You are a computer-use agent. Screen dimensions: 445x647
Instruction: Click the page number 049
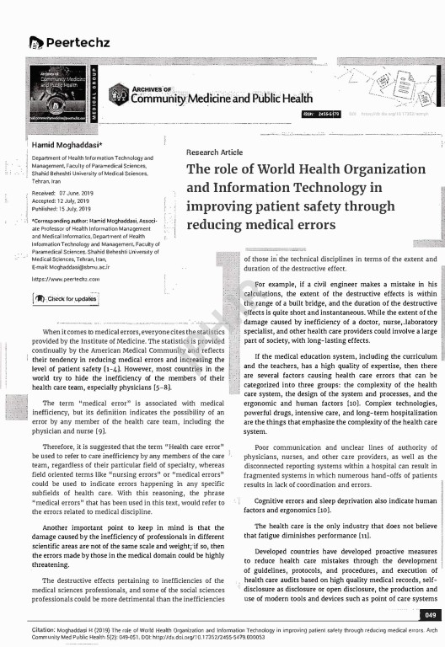coord(428,618)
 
